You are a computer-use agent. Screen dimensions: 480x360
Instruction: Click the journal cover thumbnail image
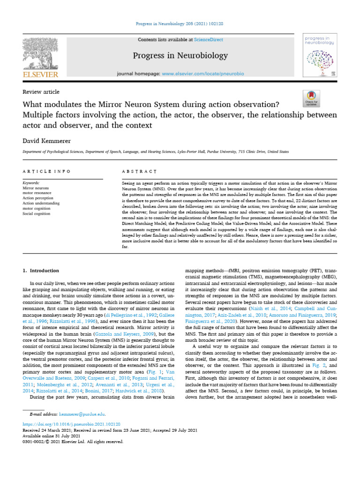(321, 55)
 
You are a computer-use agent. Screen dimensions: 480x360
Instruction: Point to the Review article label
(41, 92)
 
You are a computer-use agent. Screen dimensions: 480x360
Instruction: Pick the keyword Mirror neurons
(36, 187)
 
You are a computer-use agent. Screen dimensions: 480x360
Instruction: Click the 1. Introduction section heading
(41, 270)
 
